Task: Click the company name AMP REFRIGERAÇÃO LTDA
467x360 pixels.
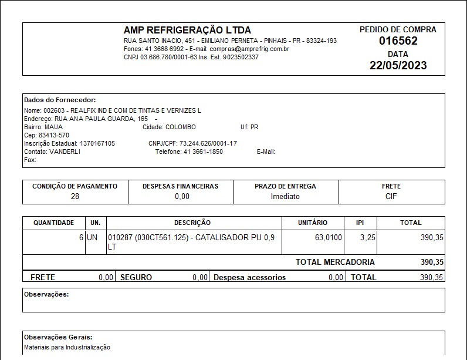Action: [x=187, y=30]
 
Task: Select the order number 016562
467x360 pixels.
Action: [x=398, y=41]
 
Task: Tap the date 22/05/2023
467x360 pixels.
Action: [x=398, y=65]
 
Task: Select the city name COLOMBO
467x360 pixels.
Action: [x=181, y=127]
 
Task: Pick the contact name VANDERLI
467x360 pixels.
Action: [x=65, y=152]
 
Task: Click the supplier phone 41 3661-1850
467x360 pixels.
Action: [x=203, y=152]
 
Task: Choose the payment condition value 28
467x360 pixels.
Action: [x=75, y=196]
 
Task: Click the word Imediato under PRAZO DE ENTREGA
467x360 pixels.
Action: [x=285, y=196]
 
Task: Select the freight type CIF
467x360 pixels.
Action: [x=391, y=196]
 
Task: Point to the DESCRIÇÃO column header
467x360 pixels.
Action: [x=192, y=223]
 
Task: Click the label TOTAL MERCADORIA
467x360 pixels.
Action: [x=335, y=262]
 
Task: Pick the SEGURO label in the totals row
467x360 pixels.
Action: [x=136, y=277]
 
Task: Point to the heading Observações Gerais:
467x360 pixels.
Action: [x=58, y=337]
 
